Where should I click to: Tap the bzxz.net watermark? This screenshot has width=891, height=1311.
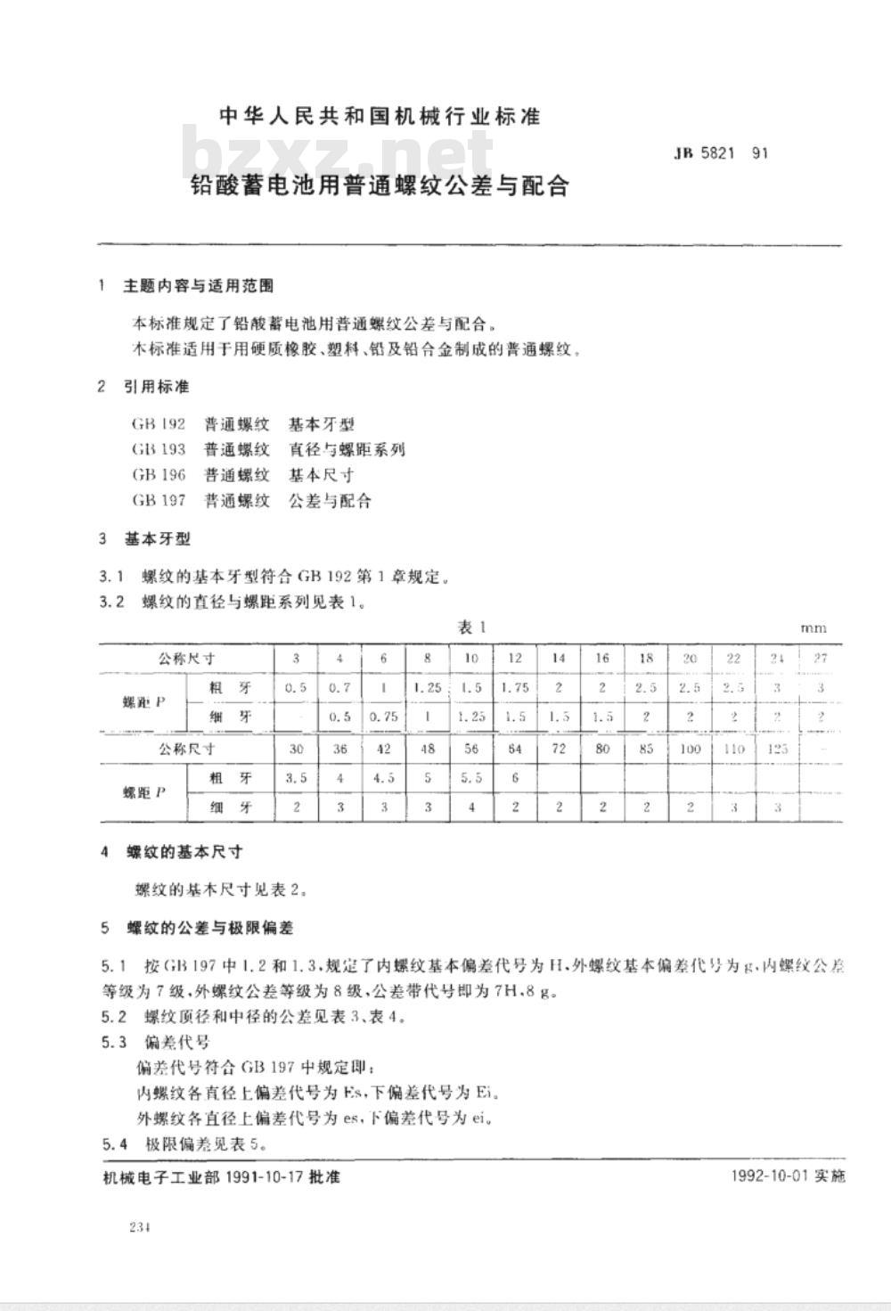(339, 153)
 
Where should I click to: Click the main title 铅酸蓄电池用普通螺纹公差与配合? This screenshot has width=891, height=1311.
(380, 186)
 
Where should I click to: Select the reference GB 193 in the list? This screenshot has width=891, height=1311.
(158, 449)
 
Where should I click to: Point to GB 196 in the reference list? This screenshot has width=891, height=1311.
(158, 475)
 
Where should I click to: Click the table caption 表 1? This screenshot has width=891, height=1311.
(470, 627)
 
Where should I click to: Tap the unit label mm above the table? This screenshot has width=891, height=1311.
(813, 628)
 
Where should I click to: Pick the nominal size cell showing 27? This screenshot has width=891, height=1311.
(821, 659)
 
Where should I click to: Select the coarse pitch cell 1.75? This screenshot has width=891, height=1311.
(515, 687)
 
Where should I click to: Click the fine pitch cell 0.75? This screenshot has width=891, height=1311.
(383, 717)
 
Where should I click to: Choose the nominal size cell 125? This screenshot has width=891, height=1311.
(777, 749)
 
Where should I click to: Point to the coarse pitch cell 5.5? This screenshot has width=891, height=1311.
(471, 778)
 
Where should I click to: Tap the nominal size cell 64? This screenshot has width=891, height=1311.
(515, 749)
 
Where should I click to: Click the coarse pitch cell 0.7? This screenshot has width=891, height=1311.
(339, 687)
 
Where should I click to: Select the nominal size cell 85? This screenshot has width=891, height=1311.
(646, 749)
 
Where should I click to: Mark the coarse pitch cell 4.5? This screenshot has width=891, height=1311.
(383, 778)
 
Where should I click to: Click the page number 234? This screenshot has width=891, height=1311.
(139, 1227)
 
